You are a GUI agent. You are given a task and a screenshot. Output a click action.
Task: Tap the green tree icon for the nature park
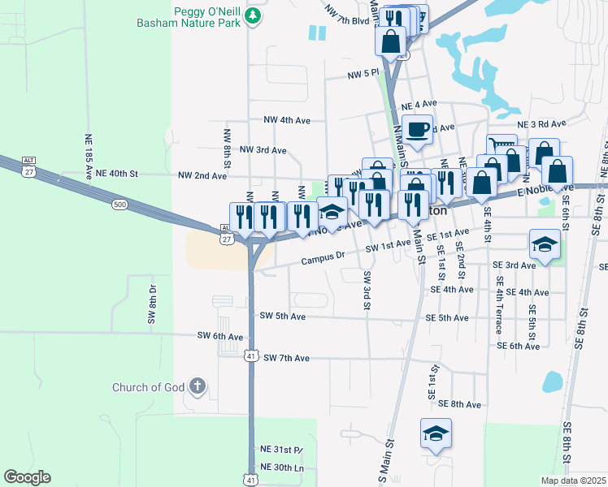click(x=254, y=15)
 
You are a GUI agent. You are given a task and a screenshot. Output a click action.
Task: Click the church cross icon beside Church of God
click(x=197, y=386)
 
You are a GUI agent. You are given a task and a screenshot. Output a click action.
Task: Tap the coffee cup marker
click(x=418, y=130)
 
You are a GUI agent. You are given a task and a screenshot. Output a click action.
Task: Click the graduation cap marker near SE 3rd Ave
click(x=544, y=243)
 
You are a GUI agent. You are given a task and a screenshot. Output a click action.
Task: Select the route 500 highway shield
click(x=120, y=205)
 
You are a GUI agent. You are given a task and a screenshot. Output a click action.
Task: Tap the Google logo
click(x=27, y=477)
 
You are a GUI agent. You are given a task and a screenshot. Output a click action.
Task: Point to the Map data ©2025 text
click(x=573, y=481)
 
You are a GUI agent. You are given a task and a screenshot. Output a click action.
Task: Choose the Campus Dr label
click(x=324, y=260)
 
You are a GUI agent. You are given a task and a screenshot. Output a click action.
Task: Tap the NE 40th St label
click(x=118, y=174)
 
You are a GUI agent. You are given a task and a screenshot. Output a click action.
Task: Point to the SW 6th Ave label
click(x=220, y=336)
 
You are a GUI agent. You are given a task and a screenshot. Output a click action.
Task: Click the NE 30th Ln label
click(x=281, y=468)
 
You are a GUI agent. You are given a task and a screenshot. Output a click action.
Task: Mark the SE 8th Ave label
click(x=461, y=403)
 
